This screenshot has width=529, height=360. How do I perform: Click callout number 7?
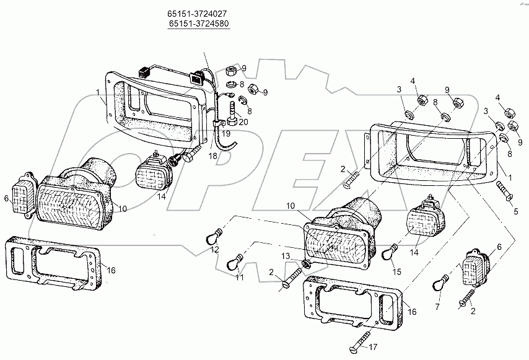(x=438, y=307)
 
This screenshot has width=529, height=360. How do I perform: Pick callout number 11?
(x=238, y=278)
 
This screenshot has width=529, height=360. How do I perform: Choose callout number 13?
(x=285, y=256)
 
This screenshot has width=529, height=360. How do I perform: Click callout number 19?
(x=226, y=133)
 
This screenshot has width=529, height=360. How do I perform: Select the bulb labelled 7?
(x=446, y=283)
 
